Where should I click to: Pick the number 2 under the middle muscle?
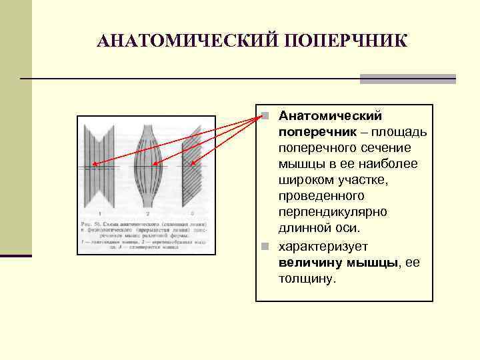point(148,213)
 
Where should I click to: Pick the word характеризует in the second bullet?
point(323,246)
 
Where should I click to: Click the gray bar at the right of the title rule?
point(408,79)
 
